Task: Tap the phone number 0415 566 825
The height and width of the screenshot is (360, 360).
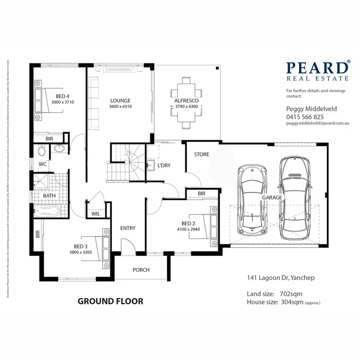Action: point(305,117)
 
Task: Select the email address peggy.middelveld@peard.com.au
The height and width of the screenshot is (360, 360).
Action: point(316,123)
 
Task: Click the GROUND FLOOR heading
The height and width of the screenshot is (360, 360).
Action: point(110,301)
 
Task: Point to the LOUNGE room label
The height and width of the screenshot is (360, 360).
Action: point(120,100)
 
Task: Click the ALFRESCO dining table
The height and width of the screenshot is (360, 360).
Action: point(184,103)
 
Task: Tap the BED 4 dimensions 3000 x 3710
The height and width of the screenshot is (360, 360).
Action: point(62,102)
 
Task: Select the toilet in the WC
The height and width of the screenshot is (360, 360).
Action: point(42,151)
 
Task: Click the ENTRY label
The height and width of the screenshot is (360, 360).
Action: point(128,228)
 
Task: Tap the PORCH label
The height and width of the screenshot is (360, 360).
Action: point(141,270)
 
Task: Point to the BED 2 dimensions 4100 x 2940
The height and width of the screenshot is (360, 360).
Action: point(188,229)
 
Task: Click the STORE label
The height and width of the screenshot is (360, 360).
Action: point(202,155)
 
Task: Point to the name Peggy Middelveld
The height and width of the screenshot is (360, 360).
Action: point(312,109)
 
